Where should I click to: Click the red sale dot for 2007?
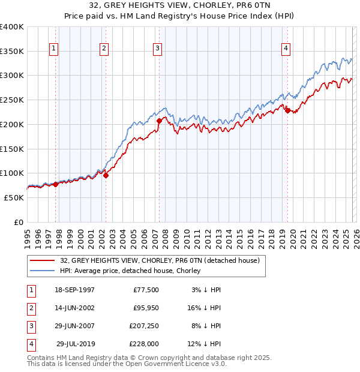tap(159, 121)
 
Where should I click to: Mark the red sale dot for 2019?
tap(287, 110)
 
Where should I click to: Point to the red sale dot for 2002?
tap(106, 175)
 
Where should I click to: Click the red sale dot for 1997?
tap(56, 184)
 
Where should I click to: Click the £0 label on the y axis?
tap(18, 222)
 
